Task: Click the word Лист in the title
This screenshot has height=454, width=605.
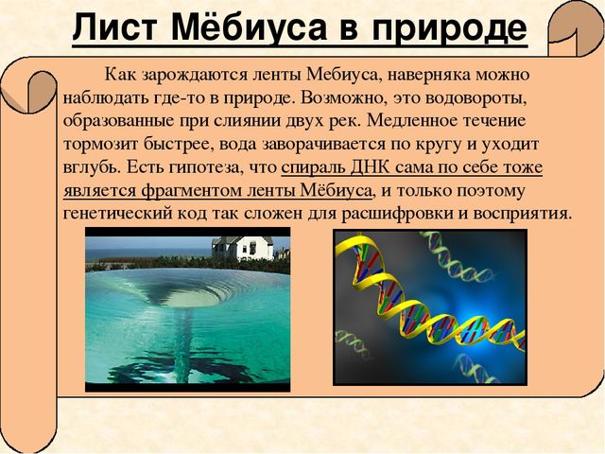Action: point(114,27)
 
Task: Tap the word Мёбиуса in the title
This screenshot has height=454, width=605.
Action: point(249,26)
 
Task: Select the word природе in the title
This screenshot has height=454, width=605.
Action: point(450,29)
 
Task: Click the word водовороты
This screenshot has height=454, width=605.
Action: point(475,98)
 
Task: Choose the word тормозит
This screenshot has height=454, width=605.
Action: point(99,145)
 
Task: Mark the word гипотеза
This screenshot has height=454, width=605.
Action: point(207,168)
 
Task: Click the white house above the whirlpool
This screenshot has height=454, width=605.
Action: point(243,248)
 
